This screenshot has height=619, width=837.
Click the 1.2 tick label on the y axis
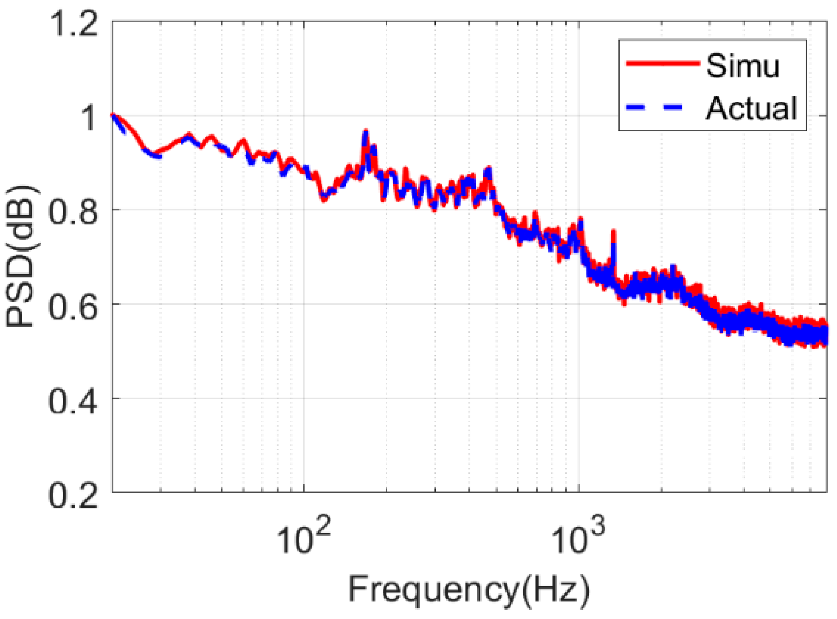(73, 24)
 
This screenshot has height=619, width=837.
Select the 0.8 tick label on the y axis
(73, 212)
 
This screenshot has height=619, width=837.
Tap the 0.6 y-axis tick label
(73, 306)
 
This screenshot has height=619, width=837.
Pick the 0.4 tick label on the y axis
(73, 400)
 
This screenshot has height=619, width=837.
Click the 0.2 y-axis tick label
(73, 494)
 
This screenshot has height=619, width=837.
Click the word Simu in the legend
(742, 65)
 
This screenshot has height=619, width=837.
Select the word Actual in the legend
(751, 108)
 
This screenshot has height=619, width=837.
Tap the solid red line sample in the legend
(662, 63)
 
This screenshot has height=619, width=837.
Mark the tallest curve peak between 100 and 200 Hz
(366, 132)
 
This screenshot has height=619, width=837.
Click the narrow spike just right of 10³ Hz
(613, 232)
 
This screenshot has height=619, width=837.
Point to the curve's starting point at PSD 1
(113, 115)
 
